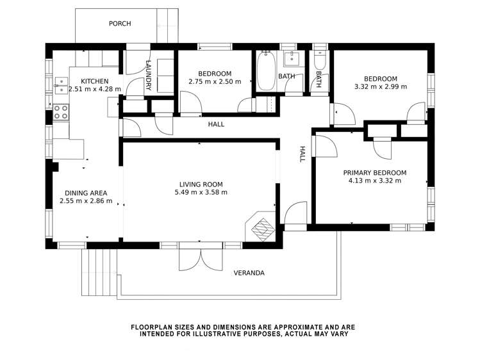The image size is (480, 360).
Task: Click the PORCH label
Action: (120, 24)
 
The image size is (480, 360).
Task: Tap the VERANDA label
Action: (249, 273)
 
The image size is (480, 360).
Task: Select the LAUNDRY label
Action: (149, 75)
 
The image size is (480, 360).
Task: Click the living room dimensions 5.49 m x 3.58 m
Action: (201, 192)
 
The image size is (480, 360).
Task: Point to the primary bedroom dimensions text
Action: (375, 181)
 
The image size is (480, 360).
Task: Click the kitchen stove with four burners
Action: (61, 112)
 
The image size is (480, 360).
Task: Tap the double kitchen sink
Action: (61, 85)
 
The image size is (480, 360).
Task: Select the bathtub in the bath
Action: (266, 71)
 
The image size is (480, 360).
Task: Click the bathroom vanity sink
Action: (292, 58)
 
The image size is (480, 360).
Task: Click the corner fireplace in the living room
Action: (260, 226)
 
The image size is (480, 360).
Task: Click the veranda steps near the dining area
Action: (99, 272)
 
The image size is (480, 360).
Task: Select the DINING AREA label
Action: (86, 193)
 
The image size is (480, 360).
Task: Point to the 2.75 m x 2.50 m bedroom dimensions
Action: (215, 81)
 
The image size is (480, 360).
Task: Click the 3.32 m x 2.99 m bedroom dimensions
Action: (381, 86)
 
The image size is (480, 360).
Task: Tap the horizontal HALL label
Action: (216, 124)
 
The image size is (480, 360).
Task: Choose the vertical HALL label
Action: (302, 154)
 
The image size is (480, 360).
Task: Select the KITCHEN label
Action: (95, 81)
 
